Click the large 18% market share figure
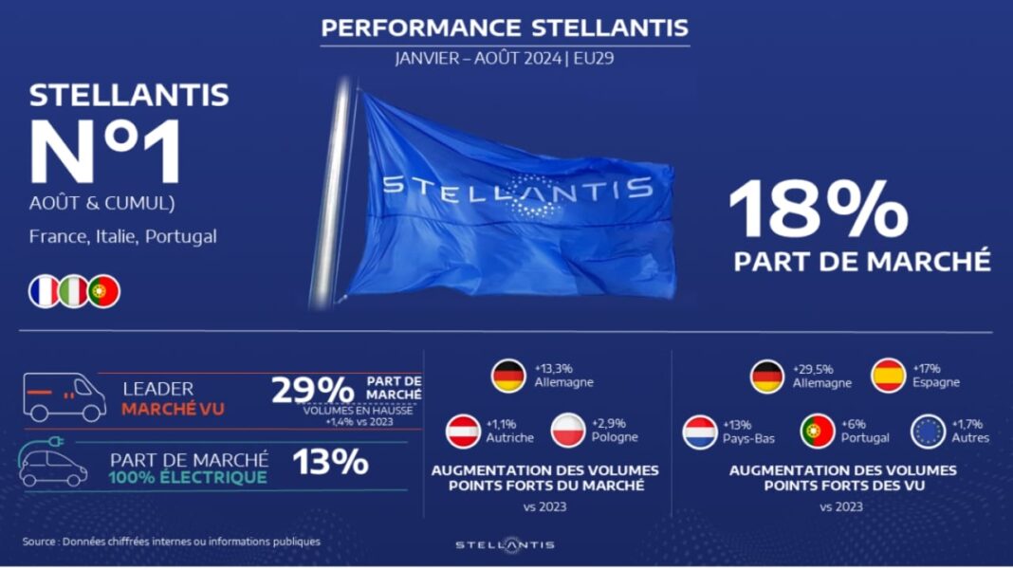819,209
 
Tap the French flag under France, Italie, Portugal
44,291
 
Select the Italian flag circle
74,291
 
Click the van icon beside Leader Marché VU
64,396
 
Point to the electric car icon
50,462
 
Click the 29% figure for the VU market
313,390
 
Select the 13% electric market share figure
330,462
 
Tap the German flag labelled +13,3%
508,377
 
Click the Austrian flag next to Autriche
463,431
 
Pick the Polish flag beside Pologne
568,431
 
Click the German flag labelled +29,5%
767,377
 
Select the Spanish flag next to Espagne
889,376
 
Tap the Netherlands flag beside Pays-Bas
700,432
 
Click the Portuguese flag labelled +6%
818,431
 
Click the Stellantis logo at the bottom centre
506,544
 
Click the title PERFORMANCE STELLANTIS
505,28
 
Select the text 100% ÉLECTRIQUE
188,478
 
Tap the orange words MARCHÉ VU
174,409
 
